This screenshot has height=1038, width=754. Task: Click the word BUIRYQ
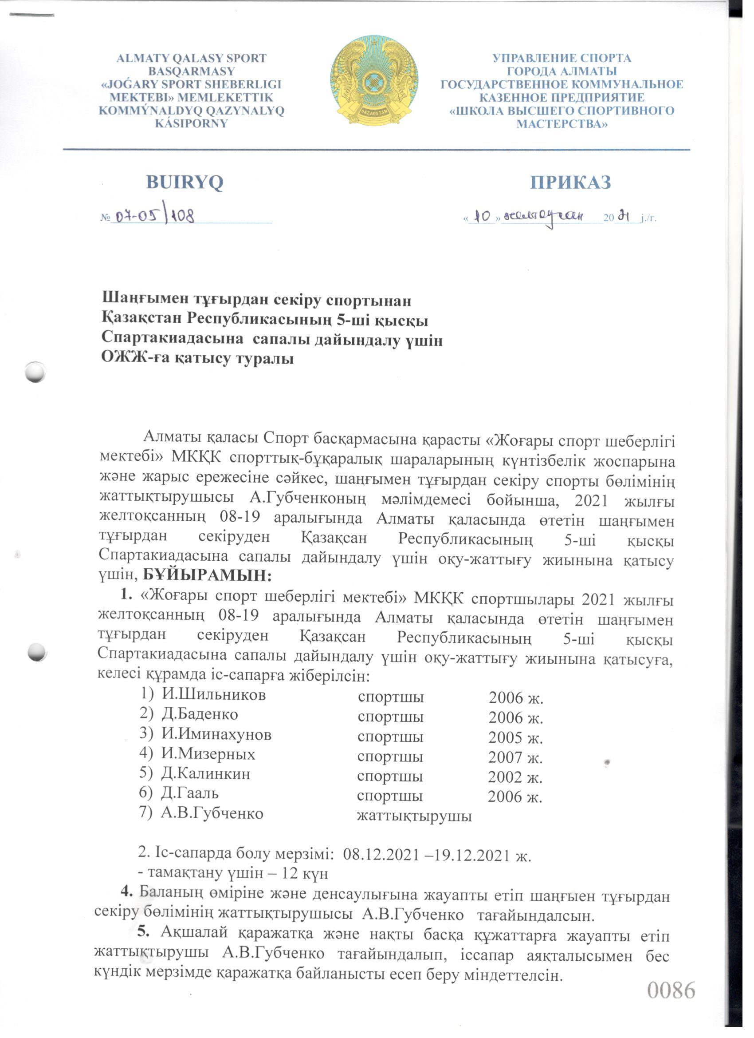point(185,182)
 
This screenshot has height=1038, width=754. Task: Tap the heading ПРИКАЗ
point(570,182)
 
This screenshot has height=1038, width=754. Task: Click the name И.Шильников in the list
point(213,695)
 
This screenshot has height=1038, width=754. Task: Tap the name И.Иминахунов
point(216,735)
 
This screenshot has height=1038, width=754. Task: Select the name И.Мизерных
point(208,754)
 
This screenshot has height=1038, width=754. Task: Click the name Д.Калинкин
point(206,774)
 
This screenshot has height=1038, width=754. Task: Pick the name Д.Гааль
point(190,793)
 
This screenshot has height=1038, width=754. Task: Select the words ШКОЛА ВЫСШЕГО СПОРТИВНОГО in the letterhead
point(562,111)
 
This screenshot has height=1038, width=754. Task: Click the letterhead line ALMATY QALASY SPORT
point(191,59)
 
